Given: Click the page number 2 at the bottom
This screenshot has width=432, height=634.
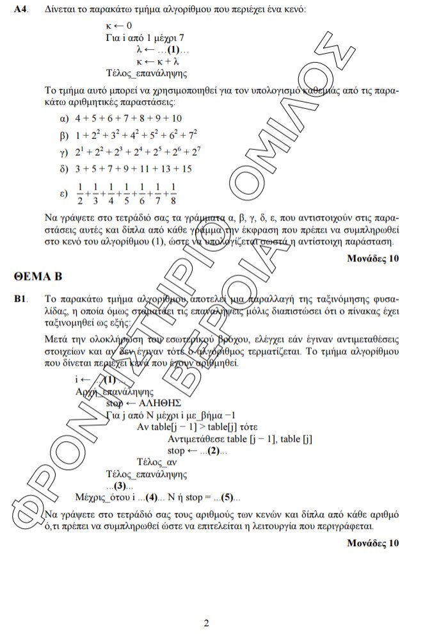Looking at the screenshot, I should (207, 622).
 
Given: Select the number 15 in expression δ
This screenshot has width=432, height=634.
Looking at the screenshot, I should (186, 170).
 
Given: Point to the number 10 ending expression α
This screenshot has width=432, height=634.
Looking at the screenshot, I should (177, 118).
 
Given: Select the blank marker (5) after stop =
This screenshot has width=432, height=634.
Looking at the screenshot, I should (227, 497).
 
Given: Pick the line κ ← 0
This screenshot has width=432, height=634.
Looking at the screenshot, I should (119, 26).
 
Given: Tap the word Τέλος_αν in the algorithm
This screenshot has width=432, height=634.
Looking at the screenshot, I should (157, 462).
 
